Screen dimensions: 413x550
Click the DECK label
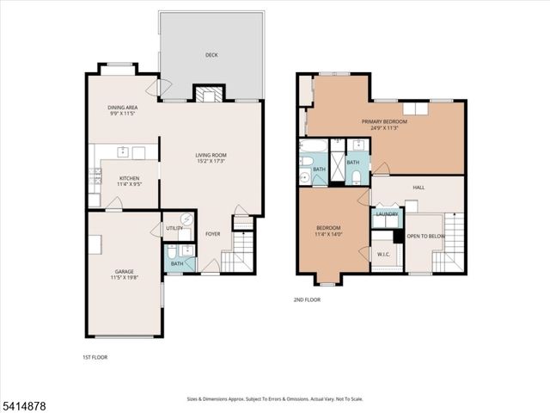point(211,55)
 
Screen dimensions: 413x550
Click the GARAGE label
point(124,271)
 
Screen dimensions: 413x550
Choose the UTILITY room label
point(174,228)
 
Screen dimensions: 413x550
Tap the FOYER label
point(212,233)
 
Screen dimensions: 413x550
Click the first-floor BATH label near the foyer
point(176,263)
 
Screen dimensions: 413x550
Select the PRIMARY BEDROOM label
point(384,122)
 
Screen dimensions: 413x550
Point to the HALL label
point(419,187)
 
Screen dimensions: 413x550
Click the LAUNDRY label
point(386,213)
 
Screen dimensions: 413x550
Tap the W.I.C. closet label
point(383,254)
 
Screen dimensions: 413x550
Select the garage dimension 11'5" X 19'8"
point(124,278)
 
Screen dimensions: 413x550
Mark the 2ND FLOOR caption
point(307,300)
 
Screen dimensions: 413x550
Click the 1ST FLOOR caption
point(95,356)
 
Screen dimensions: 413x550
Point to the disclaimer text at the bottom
point(274,399)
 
